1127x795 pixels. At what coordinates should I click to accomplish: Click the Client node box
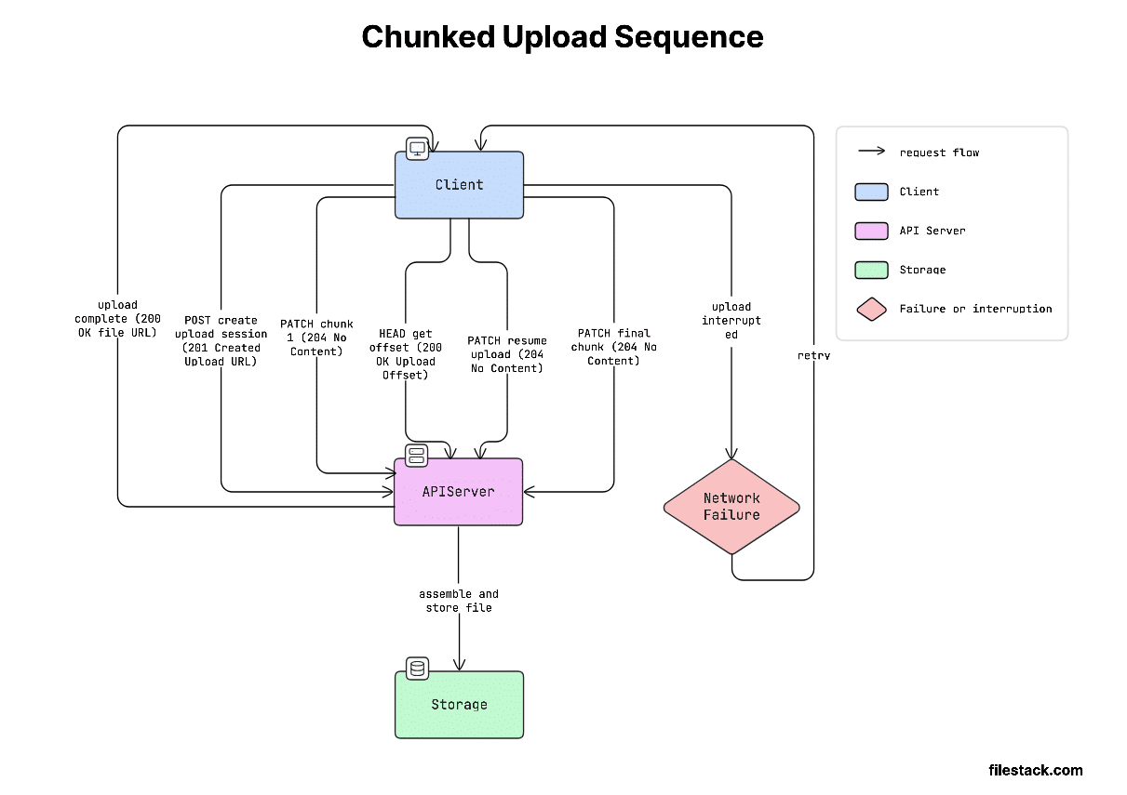pyautogui.click(x=459, y=185)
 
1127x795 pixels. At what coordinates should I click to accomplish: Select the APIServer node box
pyautogui.click(x=459, y=492)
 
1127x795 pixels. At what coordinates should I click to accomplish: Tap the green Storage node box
pyautogui.click(x=459, y=705)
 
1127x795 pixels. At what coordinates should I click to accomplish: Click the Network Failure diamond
pyautogui.click(x=731, y=507)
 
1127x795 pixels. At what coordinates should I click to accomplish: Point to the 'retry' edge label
pyautogui.click(x=813, y=355)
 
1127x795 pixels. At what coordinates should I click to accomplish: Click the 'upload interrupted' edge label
pyautogui.click(x=731, y=320)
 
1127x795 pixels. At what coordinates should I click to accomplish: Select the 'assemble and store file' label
pyautogui.click(x=459, y=601)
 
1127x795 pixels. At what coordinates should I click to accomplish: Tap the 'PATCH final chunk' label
pyautogui.click(x=613, y=347)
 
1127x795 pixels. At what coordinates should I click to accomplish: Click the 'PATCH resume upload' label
pyautogui.click(x=506, y=354)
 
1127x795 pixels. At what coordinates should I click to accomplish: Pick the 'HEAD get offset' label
pyautogui.click(x=405, y=354)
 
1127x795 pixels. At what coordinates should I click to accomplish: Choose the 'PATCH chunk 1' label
pyautogui.click(x=316, y=338)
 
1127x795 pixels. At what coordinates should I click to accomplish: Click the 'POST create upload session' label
pyautogui.click(x=221, y=340)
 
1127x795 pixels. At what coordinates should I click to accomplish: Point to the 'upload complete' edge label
pyautogui.click(x=117, y=319)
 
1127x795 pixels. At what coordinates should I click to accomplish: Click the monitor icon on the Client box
pyautogui.click(x=417, y=148)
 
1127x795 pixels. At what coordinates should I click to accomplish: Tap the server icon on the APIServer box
pyautogui.click(x=417, y=455)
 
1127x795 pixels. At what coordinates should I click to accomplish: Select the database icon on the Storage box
pyautogui.click(x=417, y=668)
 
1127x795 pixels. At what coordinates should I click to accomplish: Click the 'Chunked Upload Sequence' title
pyautogui.click(x=562, y=37)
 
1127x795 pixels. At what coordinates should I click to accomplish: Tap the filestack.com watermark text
pyautogui.click(x=1035, y=770)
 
